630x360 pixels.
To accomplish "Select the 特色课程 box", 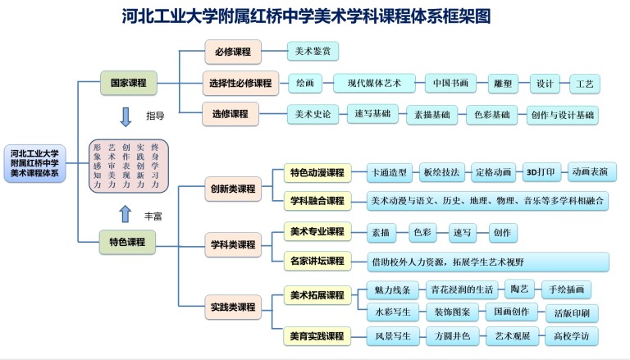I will click(x=127, y=241).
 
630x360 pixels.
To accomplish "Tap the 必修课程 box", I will click(x=232, y=52).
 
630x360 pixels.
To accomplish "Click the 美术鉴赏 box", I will click(x=313, y=52).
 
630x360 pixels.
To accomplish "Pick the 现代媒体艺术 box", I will click(x=375, y=84).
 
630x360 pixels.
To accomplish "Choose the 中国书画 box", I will click(x=451, y=84).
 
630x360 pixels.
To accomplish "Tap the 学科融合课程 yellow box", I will click(x=316, y=199).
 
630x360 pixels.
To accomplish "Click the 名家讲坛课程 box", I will click(x=316, y=262).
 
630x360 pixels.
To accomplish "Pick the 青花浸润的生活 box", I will click(x=461, y=289).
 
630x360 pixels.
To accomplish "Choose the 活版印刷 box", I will click(x=571, y=312).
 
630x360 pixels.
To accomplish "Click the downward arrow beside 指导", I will click(x=126, y=116).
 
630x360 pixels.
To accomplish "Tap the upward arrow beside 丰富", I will click(x=126, y=214).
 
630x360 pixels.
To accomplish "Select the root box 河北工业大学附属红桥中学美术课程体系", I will click(x=34, y=164).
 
